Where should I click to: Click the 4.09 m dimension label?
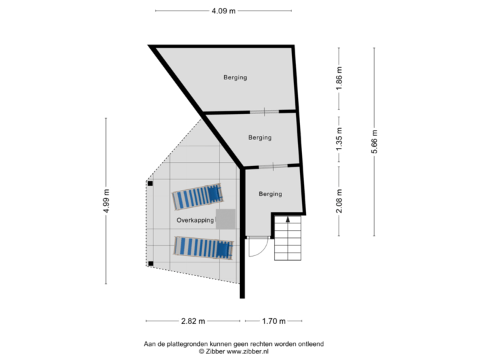point(223,11)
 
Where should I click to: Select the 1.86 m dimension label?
point(339,79)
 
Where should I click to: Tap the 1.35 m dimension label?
point(339,139)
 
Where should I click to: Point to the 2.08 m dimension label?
point(339,201)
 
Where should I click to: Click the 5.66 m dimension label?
point(374,141)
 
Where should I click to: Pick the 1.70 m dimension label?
point(273,321)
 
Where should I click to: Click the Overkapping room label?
point(195,219)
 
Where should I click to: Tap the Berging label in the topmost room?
point(235,77)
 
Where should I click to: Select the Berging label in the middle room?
point(259,138)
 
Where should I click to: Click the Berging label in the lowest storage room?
point(270,194)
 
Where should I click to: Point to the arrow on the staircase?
point(288,218)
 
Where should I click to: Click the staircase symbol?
point(288,240)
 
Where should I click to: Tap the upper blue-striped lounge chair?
point(199,196)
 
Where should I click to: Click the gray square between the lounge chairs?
point(226,219)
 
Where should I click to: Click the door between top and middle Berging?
point(265,111)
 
